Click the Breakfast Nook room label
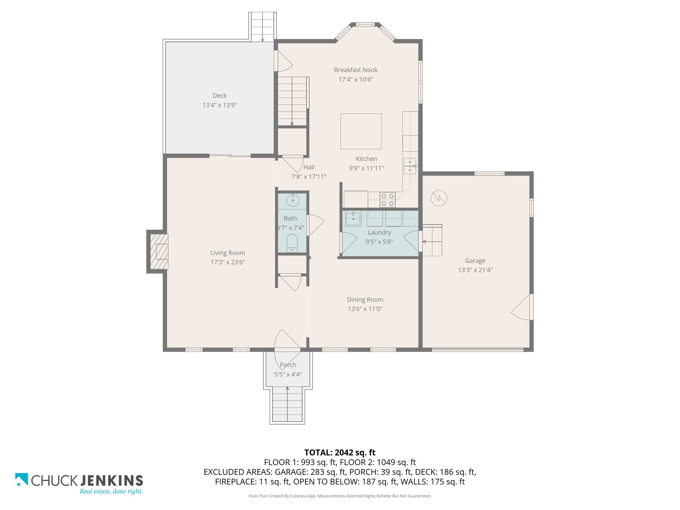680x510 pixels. (356, 70)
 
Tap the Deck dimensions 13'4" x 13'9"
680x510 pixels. (219, 105)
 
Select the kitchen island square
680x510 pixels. (361, 131)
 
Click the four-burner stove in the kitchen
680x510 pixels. (387, 200)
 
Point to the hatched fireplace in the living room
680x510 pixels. (159, 251)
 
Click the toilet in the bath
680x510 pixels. (292, 243)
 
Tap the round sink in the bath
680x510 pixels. (293, 201)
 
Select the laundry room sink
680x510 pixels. (353, 219)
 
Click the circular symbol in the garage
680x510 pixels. (439, 198)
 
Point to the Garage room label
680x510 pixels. (475, 261)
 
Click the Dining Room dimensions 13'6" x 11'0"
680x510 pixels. (365, 309)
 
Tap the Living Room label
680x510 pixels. (227, 253)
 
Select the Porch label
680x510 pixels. (288, 365)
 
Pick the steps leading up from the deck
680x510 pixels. (263, 27)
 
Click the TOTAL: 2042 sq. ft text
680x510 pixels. (340, 453)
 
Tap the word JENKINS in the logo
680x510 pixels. (112, 480)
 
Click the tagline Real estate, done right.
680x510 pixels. (111, 491)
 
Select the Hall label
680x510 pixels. (309, 167)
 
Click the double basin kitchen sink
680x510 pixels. (410, 166)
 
